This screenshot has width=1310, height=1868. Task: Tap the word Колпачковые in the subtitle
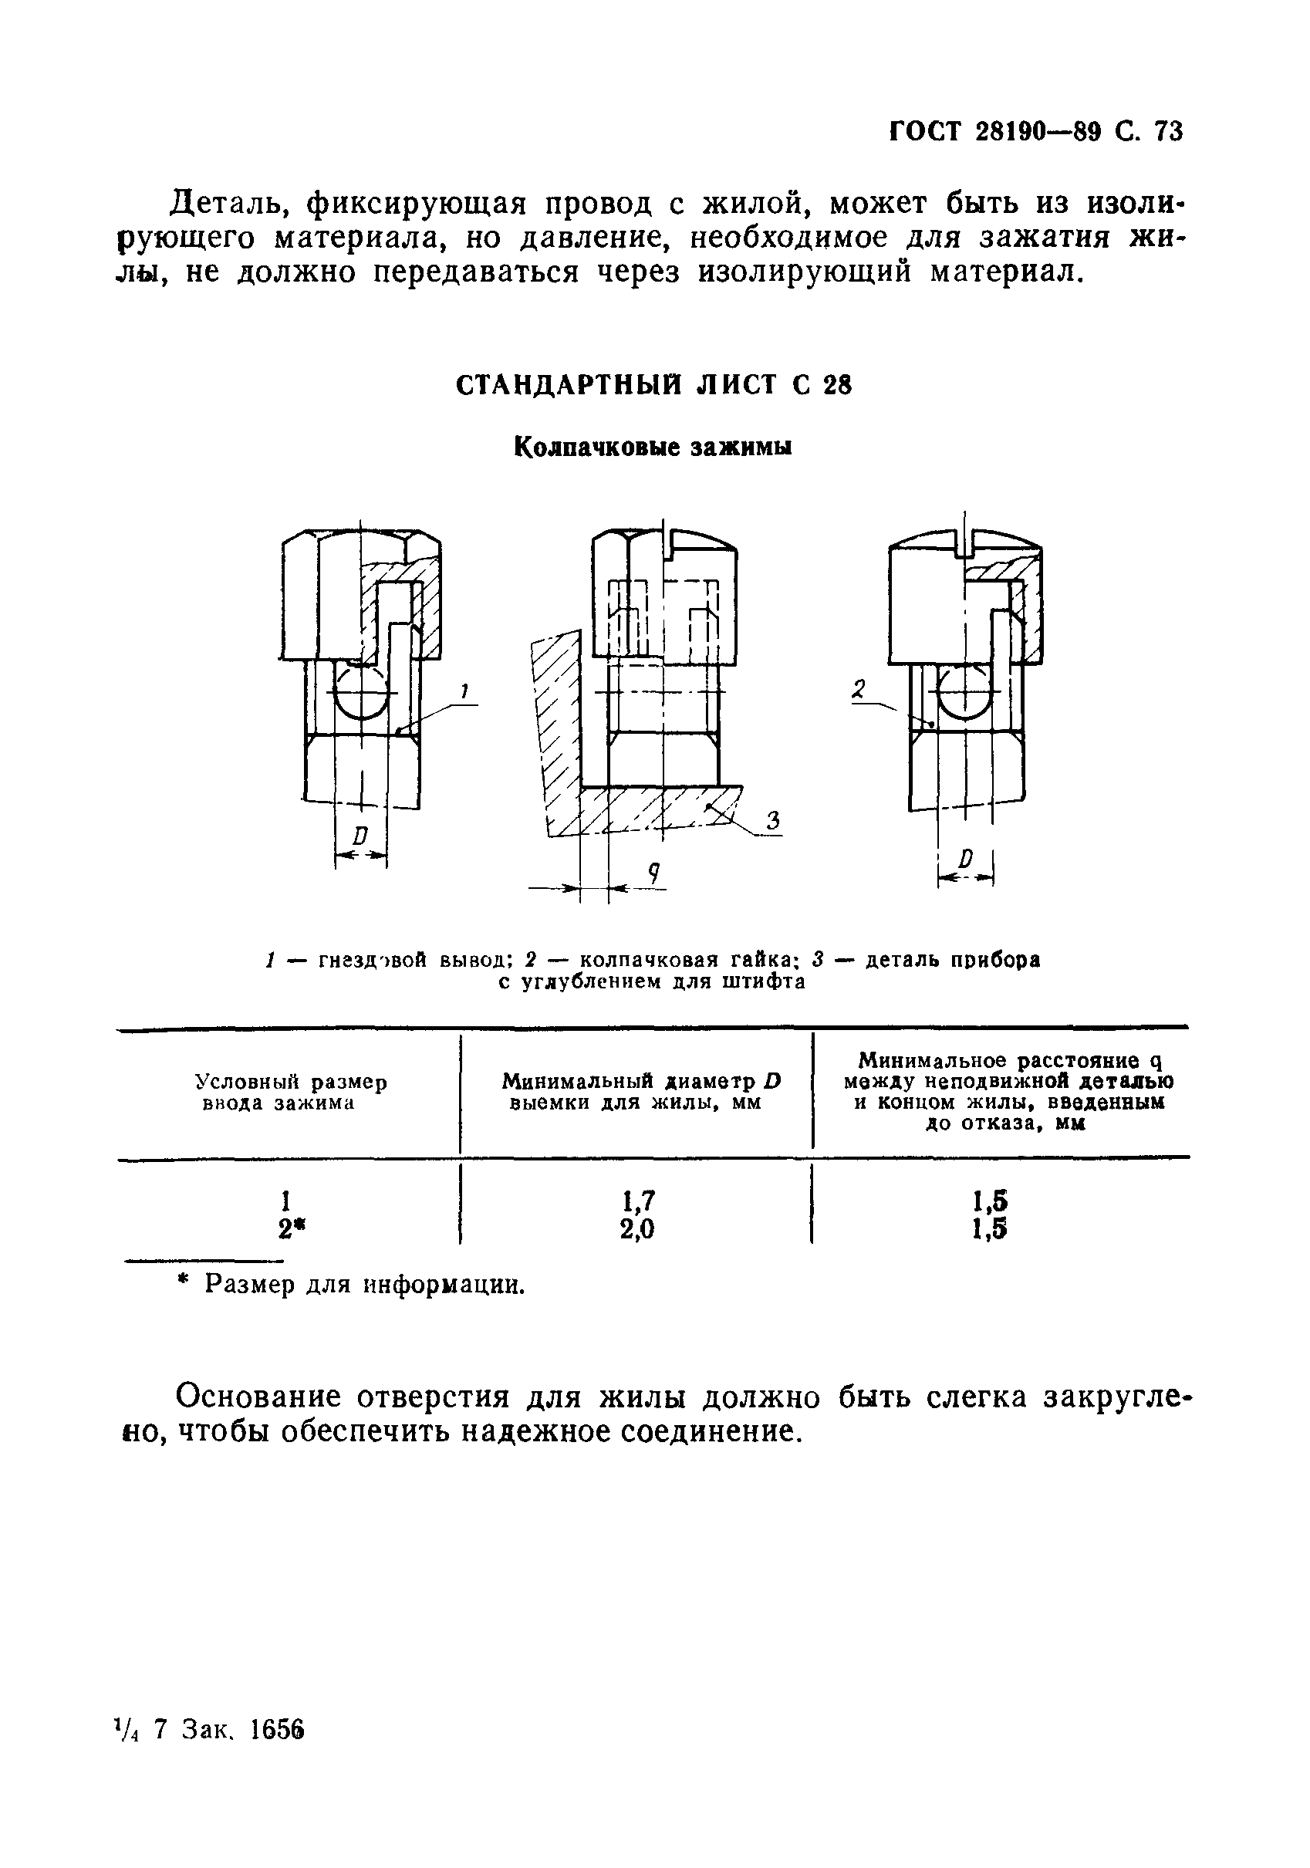click(x=599, y=448)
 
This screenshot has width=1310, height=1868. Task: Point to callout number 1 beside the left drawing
click(x=464, y=692)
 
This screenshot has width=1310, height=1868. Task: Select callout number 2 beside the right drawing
click(x=859, y=691)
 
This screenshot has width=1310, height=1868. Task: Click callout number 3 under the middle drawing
click(x=772, y=821)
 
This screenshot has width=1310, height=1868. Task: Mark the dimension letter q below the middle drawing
click(x=653, y=873)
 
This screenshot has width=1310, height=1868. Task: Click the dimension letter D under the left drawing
click(x=360, y=836)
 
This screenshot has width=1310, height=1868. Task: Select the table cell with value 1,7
click(x=639, y=1201)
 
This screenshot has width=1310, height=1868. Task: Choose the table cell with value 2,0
click(x=637, y=1229)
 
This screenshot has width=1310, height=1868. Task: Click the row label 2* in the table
click(x=285, y=1229)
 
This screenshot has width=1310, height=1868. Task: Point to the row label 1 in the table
click(x=285, y=1201)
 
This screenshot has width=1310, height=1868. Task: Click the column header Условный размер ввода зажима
click(x=291, y=1093)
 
